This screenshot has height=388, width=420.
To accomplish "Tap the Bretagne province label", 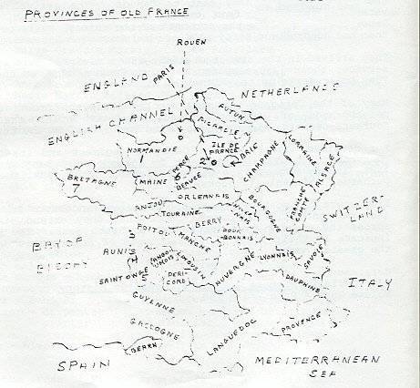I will coord(86,179).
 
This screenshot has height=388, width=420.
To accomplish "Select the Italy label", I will coord(368,284).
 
